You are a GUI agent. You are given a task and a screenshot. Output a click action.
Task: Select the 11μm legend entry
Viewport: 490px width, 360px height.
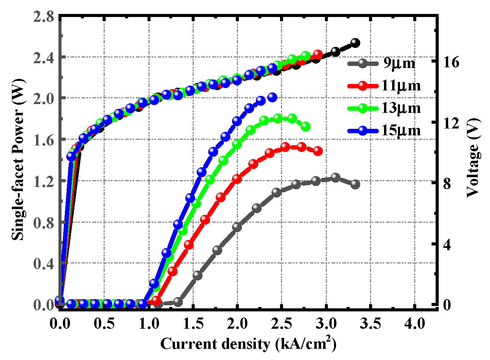(x=384, y=86)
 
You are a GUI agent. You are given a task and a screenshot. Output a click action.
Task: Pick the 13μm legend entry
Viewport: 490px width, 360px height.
(x=384, y=108)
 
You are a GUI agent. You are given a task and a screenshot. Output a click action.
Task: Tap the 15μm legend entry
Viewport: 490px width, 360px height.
(x=384, y=130)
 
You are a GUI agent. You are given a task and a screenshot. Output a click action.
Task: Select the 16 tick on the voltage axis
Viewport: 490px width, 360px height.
(x=451, y=62)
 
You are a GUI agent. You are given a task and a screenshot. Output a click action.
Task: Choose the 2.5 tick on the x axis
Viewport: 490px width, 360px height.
(x=282, y=323)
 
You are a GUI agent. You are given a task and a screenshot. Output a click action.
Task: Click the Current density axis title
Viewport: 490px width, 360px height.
(x=248, y=344)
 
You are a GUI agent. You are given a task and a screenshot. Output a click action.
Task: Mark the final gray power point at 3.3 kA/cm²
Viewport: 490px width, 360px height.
(x=355, y=184)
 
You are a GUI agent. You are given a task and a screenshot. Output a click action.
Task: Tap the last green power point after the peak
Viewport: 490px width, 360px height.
(x=305, y=126)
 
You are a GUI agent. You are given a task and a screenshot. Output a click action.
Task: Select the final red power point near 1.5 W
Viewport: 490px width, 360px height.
(x=318, y=151)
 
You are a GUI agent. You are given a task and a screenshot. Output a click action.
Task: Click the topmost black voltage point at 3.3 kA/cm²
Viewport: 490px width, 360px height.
(x=355, y=42)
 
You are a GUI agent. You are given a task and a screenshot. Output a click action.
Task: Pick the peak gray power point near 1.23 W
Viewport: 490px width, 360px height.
(x=335, y=177)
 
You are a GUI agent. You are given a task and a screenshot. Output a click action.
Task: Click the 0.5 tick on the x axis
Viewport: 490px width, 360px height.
(x=104, y=323)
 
